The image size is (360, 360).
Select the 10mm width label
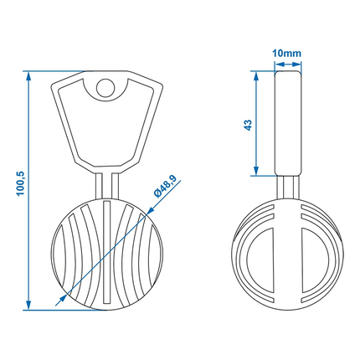pos(286,54)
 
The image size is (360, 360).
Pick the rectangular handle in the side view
pos(286,124)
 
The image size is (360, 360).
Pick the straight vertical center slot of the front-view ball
pos(105,251)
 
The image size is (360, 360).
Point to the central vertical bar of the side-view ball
pos(286,251)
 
